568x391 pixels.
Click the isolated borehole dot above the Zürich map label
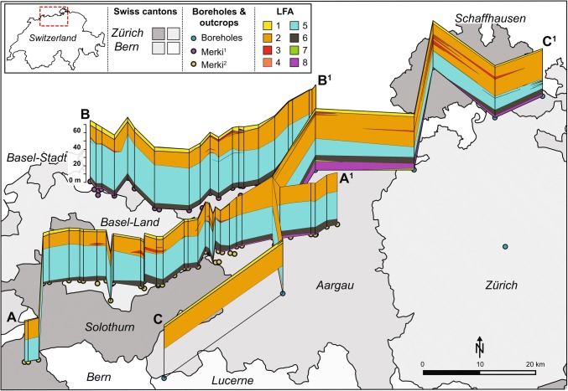click(505, 247)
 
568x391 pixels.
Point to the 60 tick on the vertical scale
click(76, 130)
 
